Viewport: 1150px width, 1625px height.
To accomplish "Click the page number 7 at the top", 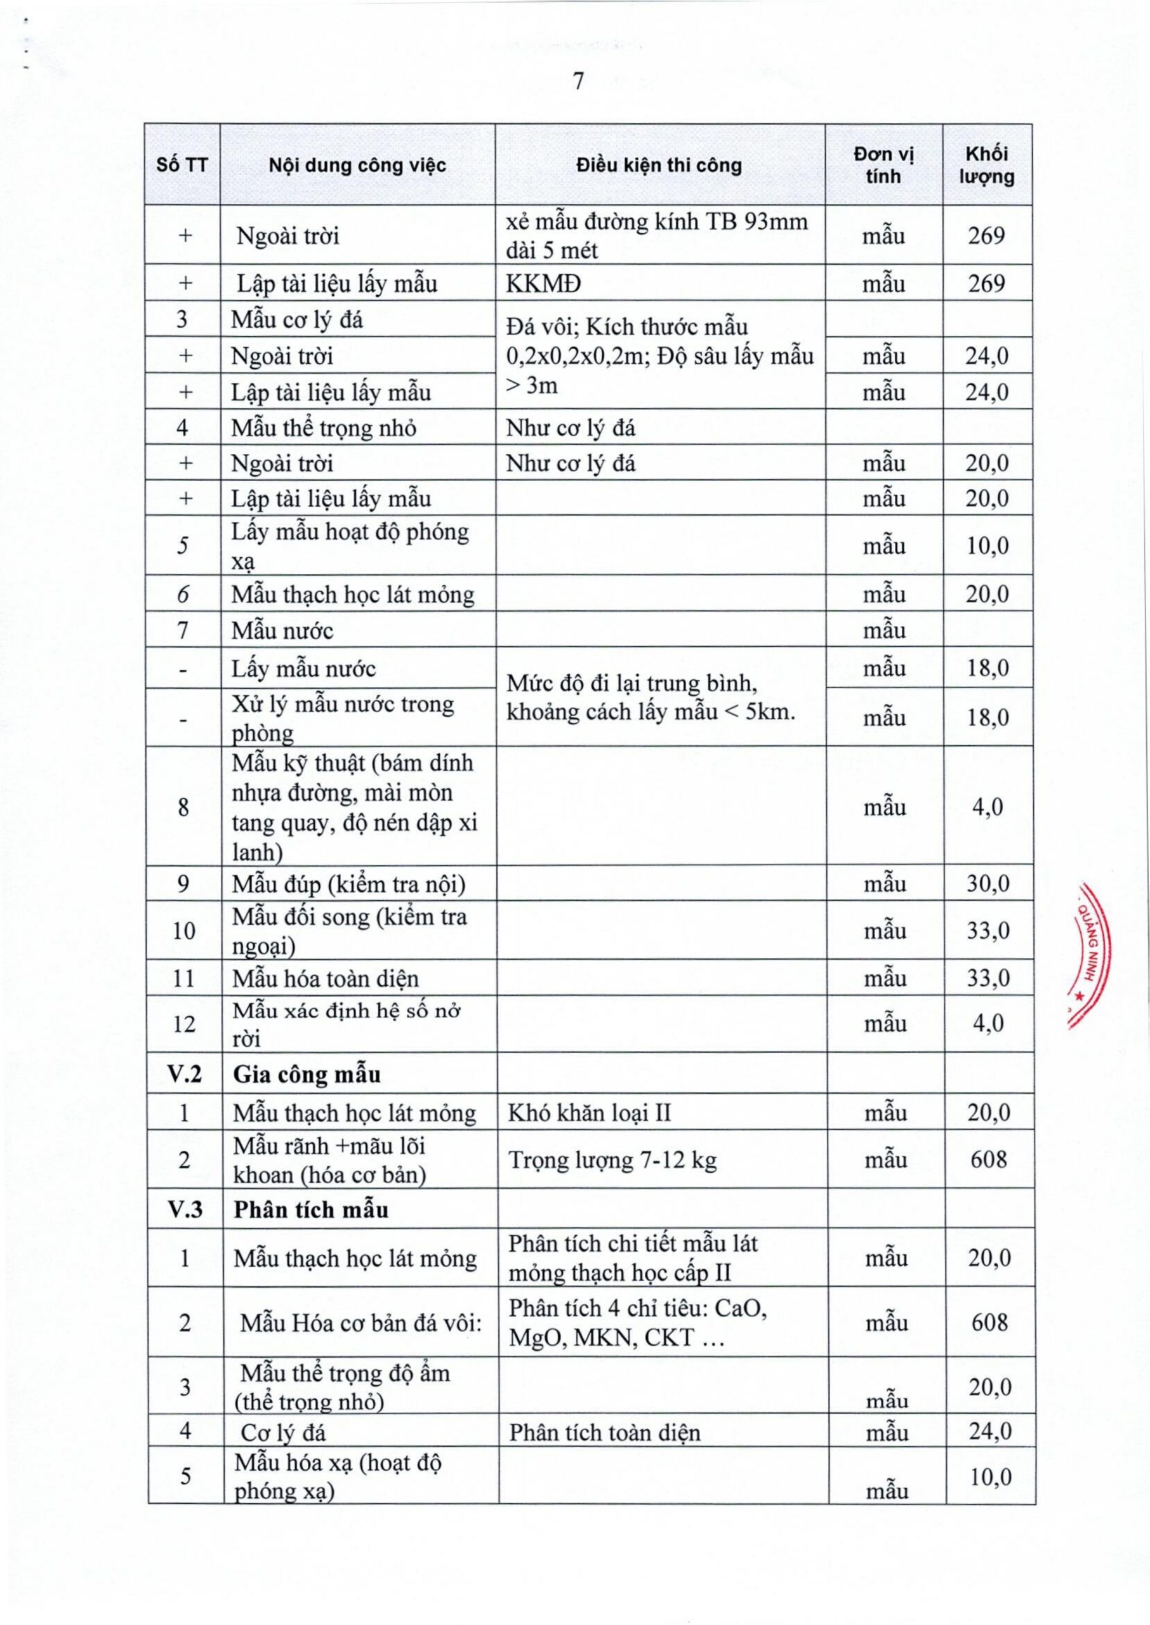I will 578,82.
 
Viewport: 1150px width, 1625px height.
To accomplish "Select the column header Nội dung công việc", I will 357,166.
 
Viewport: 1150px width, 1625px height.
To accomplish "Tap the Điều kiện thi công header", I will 659,166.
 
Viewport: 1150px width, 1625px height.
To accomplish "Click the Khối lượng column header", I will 986,166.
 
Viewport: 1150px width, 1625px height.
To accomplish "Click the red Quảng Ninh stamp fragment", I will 1090,955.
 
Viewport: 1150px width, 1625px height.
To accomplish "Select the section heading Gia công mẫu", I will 307,1075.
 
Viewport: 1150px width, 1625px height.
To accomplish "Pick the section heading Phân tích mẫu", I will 311,1209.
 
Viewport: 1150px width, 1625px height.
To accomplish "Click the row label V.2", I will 184,1075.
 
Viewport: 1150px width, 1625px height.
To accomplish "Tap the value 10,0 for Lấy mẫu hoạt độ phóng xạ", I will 988,546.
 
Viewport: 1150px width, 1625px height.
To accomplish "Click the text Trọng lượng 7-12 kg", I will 612,1160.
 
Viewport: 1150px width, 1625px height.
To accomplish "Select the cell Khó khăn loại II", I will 589,1113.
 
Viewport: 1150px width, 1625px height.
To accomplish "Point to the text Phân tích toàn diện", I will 604,1433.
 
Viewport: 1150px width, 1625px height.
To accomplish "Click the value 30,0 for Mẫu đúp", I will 988,884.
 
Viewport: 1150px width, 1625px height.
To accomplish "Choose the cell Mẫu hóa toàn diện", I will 325,979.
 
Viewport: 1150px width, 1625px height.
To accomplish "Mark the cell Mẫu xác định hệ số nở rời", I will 347,1025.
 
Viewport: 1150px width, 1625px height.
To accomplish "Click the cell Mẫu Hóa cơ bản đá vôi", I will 360,1323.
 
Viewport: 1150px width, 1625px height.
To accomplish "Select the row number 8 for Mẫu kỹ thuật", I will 183,807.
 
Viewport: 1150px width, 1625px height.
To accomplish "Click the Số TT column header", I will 182,166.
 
